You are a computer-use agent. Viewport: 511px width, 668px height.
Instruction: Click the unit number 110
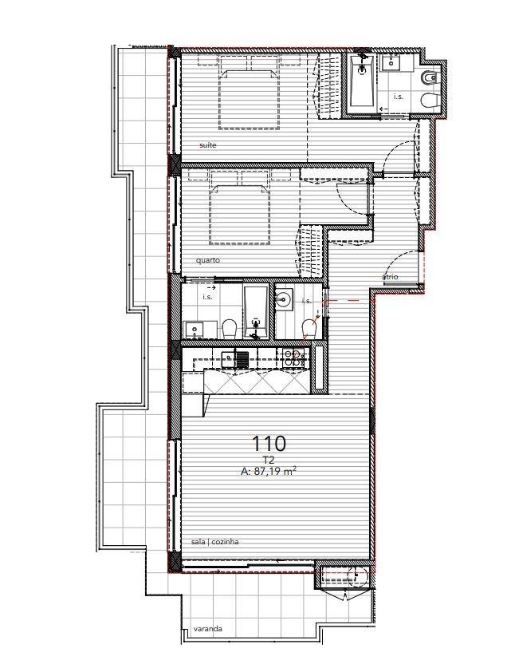coord(269,444)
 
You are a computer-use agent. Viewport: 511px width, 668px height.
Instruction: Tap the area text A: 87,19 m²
coord(269,471)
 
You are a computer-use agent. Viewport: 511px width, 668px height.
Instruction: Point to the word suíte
coord(208,145)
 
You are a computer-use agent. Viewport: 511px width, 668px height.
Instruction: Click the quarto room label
coord(208,260)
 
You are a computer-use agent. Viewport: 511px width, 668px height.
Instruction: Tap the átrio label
coord(390,277)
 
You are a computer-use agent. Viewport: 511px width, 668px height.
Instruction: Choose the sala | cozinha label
coord(215,542)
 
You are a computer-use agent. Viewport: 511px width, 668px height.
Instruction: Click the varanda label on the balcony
coord(207,629)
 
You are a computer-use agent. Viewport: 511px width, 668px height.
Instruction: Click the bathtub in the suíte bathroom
coord(362,81)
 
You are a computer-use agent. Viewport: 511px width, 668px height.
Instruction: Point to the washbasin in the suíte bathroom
coord(391,64)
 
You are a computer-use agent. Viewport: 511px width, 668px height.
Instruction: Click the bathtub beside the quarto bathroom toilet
coord(256,312)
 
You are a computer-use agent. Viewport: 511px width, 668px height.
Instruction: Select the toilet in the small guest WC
coord(308,330)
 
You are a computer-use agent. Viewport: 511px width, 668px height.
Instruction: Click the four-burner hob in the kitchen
coord(293,358)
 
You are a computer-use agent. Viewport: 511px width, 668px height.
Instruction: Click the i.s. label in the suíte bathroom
coord(399,97)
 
